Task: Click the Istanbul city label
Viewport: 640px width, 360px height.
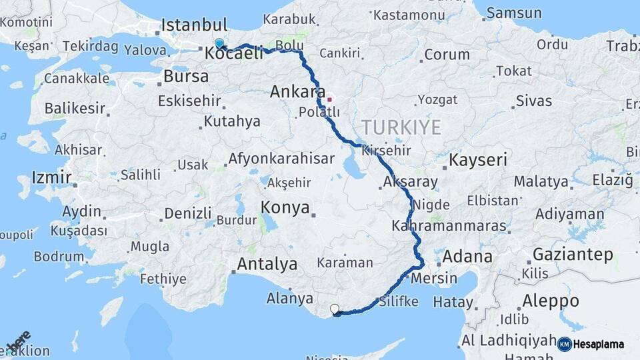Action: pyautogui.click(x=194, y=25)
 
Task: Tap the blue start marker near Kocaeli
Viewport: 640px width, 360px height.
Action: pyautogui.click(x=219, y=44)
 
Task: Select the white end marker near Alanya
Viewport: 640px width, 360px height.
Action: pyautogui.click(x=335, y=309)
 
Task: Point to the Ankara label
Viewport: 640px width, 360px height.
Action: pyautogui.click(x=297, y=92)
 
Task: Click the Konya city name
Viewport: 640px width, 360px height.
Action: pyautogui.click(x=285, y=207)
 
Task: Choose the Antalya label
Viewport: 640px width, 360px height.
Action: pyautogui.click(x=267, y=264)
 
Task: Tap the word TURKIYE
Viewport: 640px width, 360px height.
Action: pyautogui.click(x=401, y=127)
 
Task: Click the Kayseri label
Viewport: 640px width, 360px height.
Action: pyautogui.click(x=478, y=160)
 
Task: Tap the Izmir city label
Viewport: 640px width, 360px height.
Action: pyautogui.click(x=51, y=178)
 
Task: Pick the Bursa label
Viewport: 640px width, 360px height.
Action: pyautogui.click(x=186, y=76)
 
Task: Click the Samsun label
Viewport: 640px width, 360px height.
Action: pyautogui.click(x=514, y=13)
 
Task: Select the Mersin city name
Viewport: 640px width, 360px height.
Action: pyautogui.click(x=435, y=278)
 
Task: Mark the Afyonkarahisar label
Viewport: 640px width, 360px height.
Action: pyautogui.click(x=281, y=159)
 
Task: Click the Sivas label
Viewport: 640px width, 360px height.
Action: pyautogui.click(x=533, y=101)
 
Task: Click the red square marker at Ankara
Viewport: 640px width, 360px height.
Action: pyautogui.click(x=329, y=100)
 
